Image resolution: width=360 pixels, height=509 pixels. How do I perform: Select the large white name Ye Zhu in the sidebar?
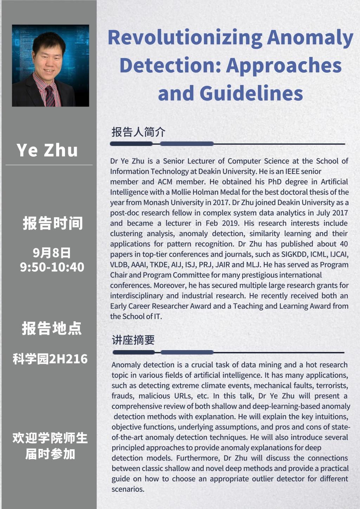pos(47,150)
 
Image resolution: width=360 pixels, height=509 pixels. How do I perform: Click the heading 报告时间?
pos(53,223)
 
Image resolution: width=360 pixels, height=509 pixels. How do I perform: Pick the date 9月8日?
pos(52,252)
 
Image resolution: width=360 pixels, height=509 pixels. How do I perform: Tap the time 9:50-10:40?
pos(52,267)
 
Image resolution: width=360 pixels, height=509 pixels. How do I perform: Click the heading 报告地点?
pos(52,328)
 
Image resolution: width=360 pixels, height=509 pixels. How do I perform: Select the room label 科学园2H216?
pos(50,359)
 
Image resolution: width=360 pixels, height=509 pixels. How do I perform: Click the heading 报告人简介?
pos(138,132)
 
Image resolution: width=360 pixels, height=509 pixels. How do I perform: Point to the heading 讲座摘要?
pos(133,340)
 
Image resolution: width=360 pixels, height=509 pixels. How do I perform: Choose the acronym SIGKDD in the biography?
pos(294,254)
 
